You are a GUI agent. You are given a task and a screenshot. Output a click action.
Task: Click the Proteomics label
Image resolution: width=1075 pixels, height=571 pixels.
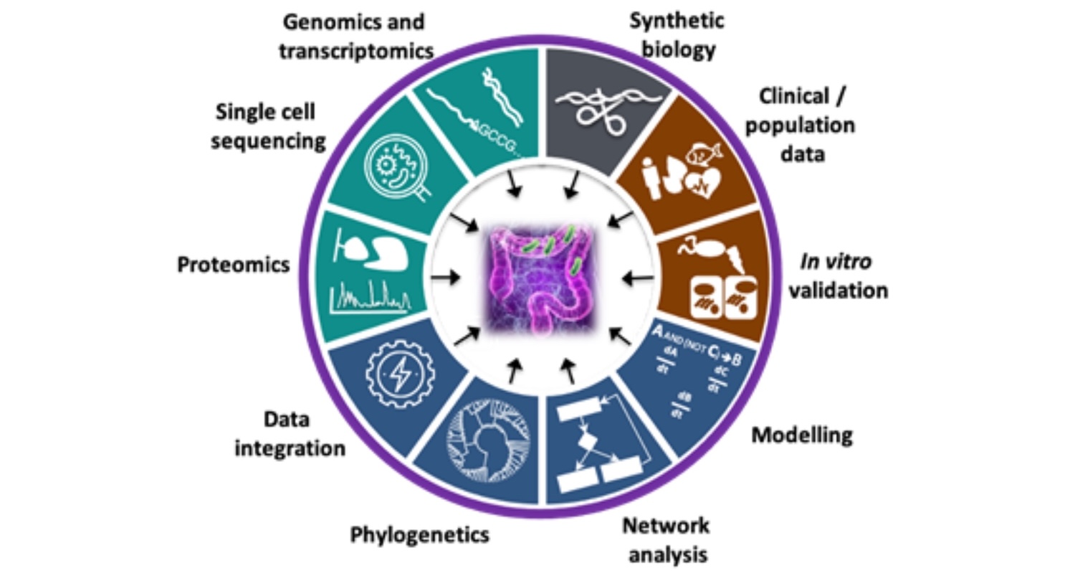233,265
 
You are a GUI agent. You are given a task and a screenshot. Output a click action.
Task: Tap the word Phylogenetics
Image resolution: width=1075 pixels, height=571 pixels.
419,534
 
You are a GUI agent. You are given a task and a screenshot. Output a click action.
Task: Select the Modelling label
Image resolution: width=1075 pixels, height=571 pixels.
802,435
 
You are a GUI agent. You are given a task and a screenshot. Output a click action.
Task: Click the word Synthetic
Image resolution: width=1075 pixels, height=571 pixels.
677,20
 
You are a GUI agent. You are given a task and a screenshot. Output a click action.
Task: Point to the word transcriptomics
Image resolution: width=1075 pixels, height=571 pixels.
357,51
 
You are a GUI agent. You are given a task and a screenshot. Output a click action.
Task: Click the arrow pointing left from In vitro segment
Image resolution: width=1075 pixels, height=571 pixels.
637,277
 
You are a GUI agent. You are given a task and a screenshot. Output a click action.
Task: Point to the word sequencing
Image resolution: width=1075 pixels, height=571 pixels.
269,141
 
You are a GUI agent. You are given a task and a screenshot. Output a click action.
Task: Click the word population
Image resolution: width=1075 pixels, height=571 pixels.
800,125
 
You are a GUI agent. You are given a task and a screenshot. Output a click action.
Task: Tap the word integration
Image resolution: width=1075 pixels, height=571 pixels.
290,449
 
